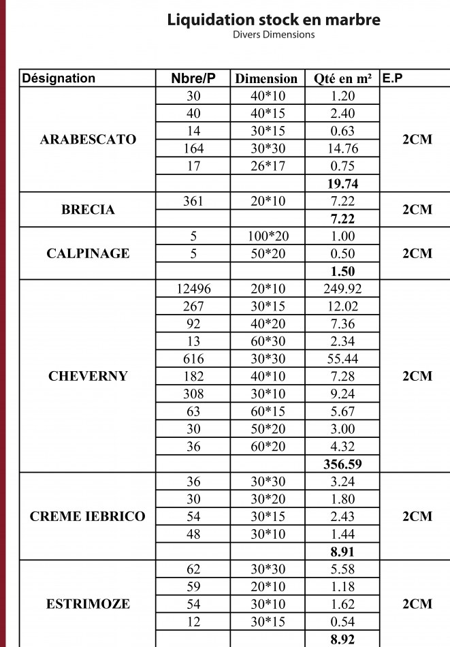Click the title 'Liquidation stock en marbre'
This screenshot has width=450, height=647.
(x=274, y=20)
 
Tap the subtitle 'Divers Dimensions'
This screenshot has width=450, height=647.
(x=274, y=35)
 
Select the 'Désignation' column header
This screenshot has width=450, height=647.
(x=59, y=78)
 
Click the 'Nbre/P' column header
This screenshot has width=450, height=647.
(x=193, y=78)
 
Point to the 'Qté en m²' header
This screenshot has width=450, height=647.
(x=342, y=78)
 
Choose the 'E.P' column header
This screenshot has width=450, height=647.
(x=393, y=78)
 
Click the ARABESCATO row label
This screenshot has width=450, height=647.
(x=89, y=140)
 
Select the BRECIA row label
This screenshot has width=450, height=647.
(x=89, y=210)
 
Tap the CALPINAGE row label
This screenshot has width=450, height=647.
(x=89, y=253)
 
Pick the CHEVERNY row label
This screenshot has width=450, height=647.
(x=89, y=376)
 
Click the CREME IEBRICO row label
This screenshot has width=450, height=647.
(x=89, y=516)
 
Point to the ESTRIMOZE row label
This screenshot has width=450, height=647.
(x=89, y=604)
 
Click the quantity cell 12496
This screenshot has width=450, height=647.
(x=193, y=289)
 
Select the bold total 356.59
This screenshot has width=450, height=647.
(x=342, y=464)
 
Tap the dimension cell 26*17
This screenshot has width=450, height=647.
(x=266, y=166)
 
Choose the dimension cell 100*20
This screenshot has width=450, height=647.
(x=266, y=236)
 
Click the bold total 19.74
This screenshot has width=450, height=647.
(x=342, y=184)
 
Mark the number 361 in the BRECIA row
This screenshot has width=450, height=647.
(x=193, y=202)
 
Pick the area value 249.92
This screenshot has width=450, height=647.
(x=342, y=289)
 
